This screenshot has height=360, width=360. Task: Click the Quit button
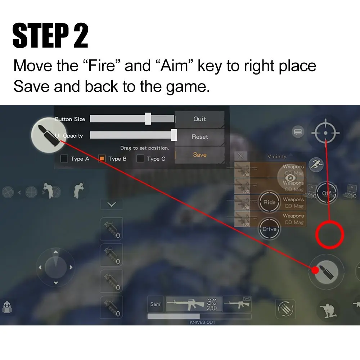click(199, 119)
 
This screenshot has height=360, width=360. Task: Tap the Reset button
click(200, 137)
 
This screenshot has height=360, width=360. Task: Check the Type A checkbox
click(64, 158)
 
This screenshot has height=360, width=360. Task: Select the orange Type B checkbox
click(102, 158)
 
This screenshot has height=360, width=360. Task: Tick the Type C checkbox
click(140, 158)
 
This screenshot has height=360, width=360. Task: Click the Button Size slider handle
click(148, 118)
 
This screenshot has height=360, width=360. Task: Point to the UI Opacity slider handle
click(174, 135)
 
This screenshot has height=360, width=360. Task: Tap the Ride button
click(269, 202)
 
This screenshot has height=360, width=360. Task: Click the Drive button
click(269, 229)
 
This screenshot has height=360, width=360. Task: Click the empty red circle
click(330, 235)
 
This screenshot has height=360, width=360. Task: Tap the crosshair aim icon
click(325, 133)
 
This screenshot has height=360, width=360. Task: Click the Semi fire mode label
click(156, 304)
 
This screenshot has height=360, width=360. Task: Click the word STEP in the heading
click(41, 36)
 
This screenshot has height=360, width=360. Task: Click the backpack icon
click(6, 307)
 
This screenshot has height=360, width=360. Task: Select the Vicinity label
click(277, 157)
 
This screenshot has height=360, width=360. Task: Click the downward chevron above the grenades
click(112, 204)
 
